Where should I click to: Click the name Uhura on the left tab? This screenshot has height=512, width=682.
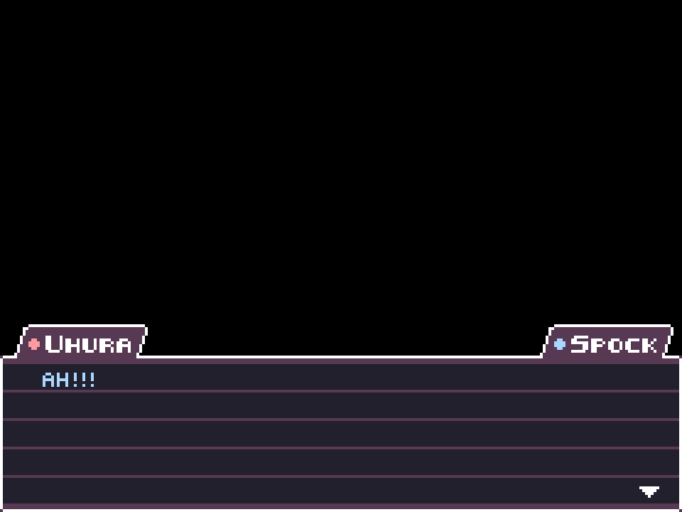coord(88,344)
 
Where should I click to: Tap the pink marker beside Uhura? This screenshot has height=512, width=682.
coord(34,344)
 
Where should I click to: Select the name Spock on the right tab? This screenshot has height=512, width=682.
coord(613,344)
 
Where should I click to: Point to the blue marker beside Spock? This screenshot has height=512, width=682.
coord(560,344)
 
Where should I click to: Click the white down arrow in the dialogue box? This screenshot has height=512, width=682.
coord(649,491)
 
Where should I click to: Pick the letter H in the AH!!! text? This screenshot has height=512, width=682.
coord(63,380)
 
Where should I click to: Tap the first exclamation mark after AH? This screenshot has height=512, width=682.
coord(75,380)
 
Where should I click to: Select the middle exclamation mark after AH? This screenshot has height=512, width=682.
coord(84,380)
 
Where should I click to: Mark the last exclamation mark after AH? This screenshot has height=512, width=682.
coord(92,380)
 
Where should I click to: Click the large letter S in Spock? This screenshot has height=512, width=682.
coord(580,344)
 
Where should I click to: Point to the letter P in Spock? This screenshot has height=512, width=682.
coord(597,346)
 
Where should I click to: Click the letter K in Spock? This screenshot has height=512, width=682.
coord(649,346)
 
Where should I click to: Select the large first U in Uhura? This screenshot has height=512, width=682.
coord(54,344)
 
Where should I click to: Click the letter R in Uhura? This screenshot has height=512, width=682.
coord(106,346)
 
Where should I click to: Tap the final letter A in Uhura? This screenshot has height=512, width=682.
coord(124,346)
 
